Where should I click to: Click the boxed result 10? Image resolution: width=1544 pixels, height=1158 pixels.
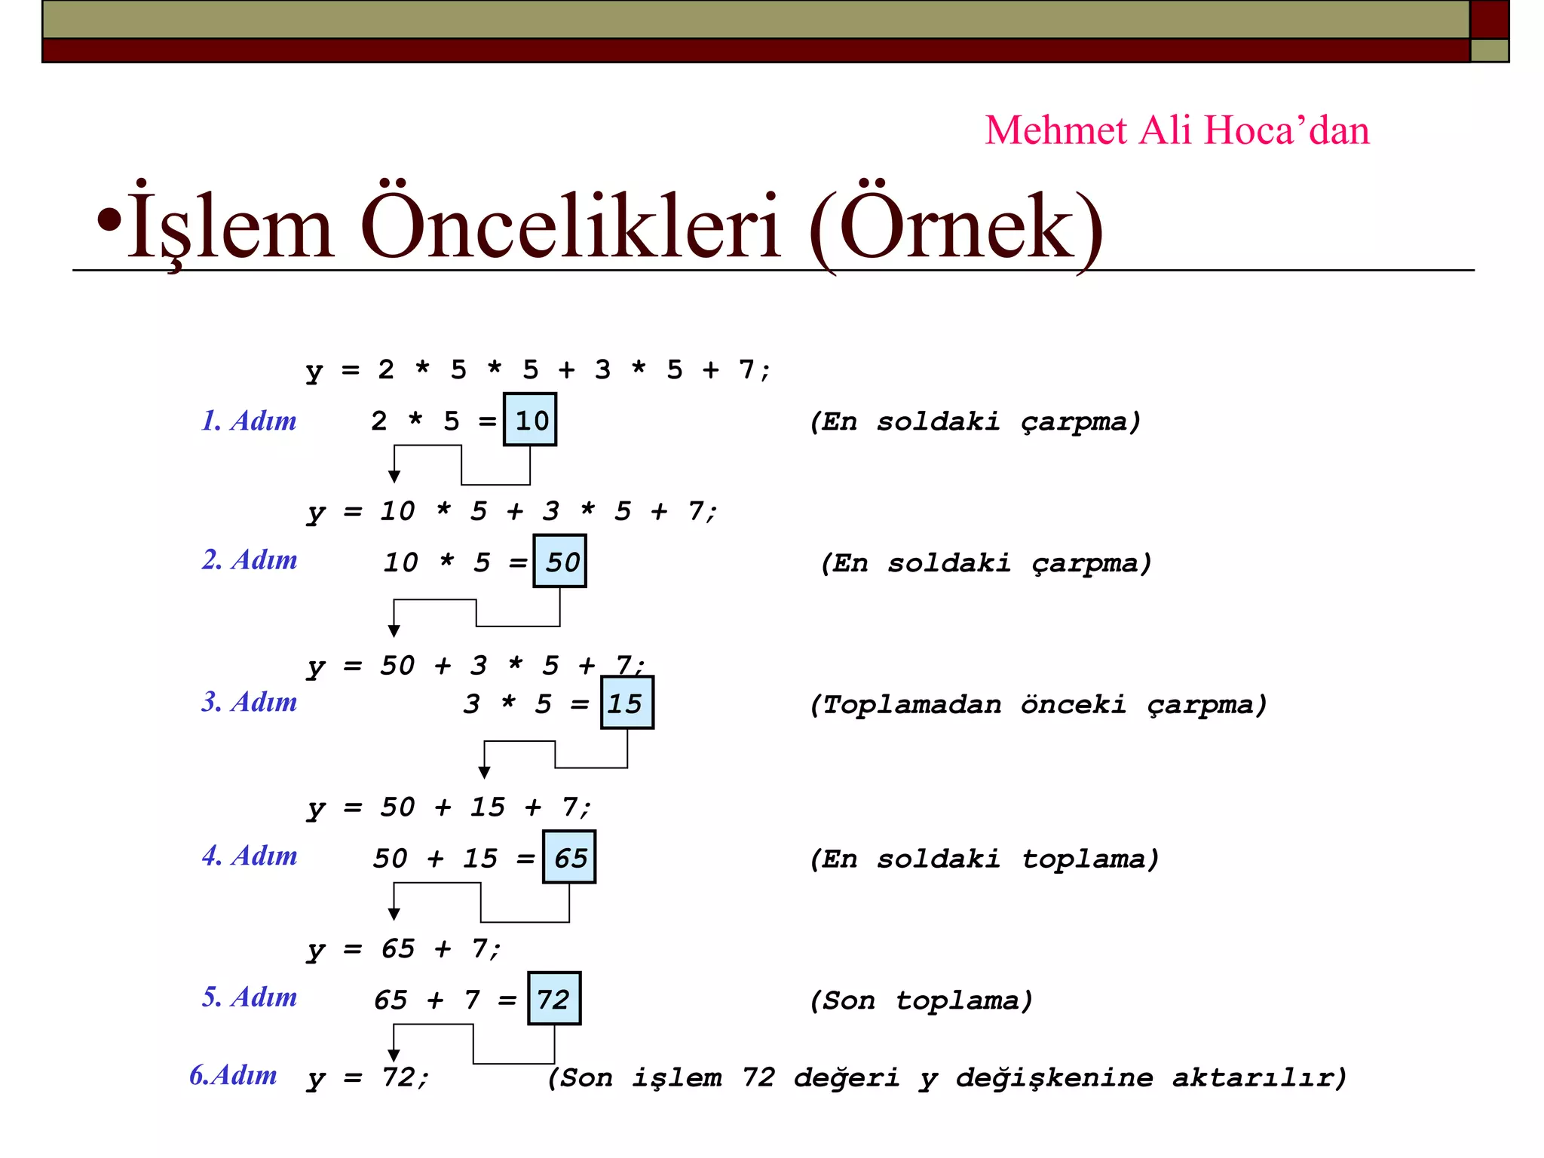pos(530,420)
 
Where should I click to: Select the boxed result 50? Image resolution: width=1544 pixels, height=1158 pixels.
pos(559,562)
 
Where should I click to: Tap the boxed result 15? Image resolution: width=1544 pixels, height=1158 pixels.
pos(626,703)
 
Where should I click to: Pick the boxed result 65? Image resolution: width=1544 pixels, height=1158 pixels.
pos(569,857)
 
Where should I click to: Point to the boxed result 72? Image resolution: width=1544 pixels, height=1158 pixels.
pos(554,999)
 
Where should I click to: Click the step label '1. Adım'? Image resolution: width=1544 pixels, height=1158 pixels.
pos(249,421)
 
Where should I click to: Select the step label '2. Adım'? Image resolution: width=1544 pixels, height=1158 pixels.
pos(249,560)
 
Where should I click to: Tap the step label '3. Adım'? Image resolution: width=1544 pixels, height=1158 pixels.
pos(249,702)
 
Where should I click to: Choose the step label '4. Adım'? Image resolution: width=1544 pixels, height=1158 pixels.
pos(249,856)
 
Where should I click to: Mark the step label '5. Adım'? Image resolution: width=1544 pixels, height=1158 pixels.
pos(249,997)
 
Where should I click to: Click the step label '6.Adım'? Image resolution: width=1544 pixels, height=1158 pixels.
pos(233,1075)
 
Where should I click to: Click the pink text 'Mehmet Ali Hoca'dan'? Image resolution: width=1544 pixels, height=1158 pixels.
pos(1177,130)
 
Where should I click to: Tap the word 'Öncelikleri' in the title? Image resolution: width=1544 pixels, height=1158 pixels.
pos(570,226)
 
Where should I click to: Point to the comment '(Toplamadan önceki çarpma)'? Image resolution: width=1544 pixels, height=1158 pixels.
pos(1038,705)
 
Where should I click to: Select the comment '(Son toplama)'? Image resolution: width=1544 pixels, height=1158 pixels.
pos(921,1000)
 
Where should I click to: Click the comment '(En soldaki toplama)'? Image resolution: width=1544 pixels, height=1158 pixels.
pos(984,859)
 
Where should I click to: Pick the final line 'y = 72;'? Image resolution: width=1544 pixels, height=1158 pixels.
pos(368,1078)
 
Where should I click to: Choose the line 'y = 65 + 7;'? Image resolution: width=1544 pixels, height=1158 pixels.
pos(403,949)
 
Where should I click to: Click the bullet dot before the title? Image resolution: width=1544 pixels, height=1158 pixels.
pos(109,220)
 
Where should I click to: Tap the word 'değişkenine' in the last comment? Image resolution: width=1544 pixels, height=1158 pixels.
pos(1054,1078)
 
